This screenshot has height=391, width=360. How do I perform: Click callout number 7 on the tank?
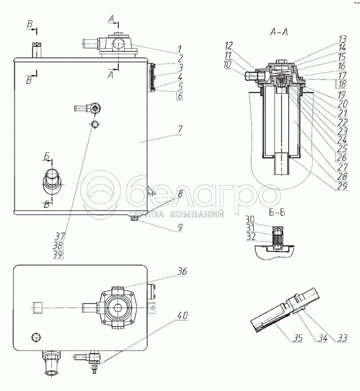[180, 129]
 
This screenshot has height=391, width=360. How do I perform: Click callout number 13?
[342, 38]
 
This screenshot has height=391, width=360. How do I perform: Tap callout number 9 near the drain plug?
[180, 227]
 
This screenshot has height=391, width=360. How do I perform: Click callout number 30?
[251, 218]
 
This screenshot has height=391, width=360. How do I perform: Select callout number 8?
[180, 194]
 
